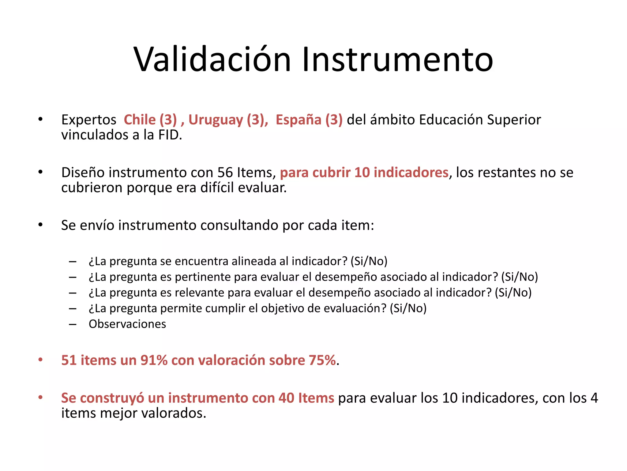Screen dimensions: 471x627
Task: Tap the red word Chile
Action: click(140, 120)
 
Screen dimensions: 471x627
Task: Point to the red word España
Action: click(298, 120)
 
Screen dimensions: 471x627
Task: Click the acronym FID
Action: click(170, 135)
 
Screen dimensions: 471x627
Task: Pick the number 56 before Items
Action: click(225, 172)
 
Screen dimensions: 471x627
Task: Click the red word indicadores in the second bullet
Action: click(411, 172)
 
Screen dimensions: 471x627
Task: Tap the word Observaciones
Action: click(127, 324)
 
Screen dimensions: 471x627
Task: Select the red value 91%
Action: click(154, 360)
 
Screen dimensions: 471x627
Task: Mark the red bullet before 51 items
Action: click(40, 360)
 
